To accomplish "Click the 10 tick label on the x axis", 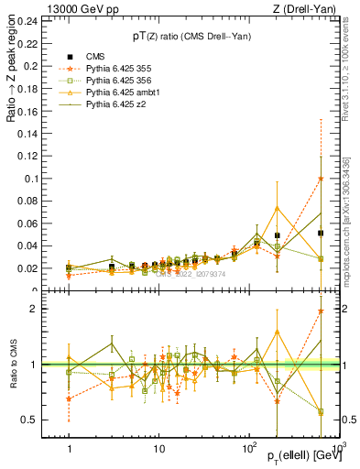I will pyautogui.click(x=158, y=451).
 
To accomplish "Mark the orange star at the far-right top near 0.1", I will pyautogui.click(x=321, y=179).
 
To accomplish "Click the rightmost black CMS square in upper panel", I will pyautogui.click(x=321, y=234).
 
